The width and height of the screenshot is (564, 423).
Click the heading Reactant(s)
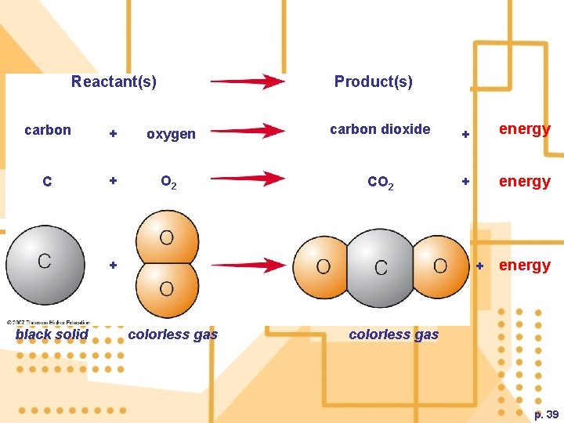pyautogui.click(x=114, y=81)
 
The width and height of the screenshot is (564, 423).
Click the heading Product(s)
pyautogui.click(x=373, y=81)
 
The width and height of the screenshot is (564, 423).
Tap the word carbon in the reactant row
pyautogui.click(x=48, y=130)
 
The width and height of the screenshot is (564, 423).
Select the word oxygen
pyautogui.click(x=171, y=134)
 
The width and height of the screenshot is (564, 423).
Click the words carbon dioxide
pyautogui.click(x=380, y=129)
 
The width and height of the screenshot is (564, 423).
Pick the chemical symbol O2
pyautogui.click(x=168, y=183)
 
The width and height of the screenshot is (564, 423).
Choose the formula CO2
pyautogui.click(x=381, y=183)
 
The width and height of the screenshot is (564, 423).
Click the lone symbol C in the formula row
pyautogui.click(x=48, y=182)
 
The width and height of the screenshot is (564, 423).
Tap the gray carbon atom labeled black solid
pyautogui.click(x=46, y=263)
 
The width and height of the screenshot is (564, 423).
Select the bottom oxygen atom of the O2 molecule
pyautogui.click(x=167, y=289)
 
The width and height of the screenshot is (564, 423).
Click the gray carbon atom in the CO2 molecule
pyautogui.click(x=381, y=267)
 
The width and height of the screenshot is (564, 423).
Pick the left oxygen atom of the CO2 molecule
pyautogui.click(x=324, y=267)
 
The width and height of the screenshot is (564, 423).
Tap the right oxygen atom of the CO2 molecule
pyautogui.click(x=440, y=266)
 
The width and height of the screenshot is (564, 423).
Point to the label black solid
pyautogui.click(x=52, y=334)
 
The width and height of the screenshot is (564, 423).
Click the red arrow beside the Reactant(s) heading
pyautogui.click(x=248, y=81)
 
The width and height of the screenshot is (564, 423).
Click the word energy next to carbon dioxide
pyautogui.click(x=524, y=129)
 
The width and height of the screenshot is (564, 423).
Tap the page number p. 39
pyautogui.click(x=546, y=414)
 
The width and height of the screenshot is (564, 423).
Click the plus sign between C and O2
pyautogui.click(x=113, y=181)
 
